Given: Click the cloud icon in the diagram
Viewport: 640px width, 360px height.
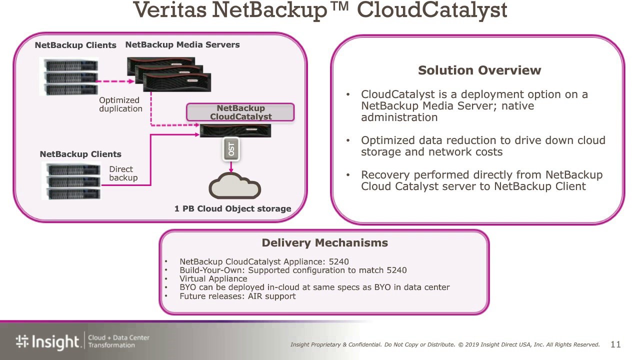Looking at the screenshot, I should point(234,186).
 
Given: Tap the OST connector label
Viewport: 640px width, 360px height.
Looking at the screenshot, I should point(230,149).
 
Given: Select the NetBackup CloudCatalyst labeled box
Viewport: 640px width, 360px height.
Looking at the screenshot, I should point(240,112).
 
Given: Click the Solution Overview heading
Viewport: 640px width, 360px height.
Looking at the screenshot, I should point(479,70).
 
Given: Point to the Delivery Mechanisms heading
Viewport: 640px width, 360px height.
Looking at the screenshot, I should point(324,243).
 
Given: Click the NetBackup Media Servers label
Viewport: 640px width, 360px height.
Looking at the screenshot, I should point(182,45).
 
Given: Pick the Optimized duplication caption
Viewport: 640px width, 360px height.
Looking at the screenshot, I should point(120,104).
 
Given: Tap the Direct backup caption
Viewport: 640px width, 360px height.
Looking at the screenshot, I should point(123,173).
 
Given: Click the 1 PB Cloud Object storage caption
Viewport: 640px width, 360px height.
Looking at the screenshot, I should point(232,209).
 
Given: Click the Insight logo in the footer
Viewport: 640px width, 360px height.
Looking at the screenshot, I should point(47,341).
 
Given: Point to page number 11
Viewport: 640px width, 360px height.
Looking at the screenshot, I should point(615,344).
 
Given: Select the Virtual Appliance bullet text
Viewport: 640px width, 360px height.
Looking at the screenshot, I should point(213,279).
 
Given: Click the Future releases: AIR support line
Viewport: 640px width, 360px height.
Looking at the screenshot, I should point(237,296).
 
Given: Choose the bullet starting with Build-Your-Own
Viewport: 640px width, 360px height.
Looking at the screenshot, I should point(293,270).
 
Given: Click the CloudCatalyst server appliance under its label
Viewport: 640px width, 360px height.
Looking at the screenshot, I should point(235,131).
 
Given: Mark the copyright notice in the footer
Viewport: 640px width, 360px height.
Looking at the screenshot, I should point(445,344).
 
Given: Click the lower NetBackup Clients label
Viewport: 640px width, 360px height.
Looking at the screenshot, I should point(80,154).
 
